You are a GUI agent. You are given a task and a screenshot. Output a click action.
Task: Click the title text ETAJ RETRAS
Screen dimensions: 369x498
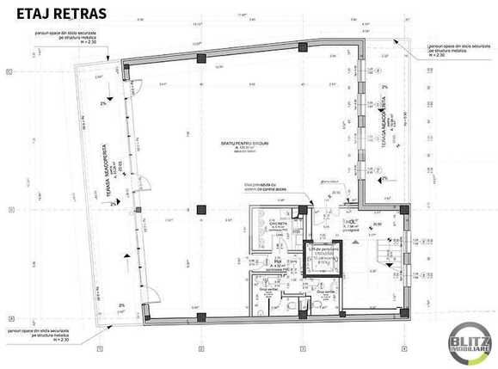coord(61,15)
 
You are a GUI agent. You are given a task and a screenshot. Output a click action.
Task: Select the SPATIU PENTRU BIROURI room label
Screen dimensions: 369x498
coord(250,143)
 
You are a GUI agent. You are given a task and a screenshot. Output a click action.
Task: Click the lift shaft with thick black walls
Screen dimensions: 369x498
coord(323,258)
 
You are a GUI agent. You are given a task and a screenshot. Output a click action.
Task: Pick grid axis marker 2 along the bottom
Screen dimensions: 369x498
coord(200,348)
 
